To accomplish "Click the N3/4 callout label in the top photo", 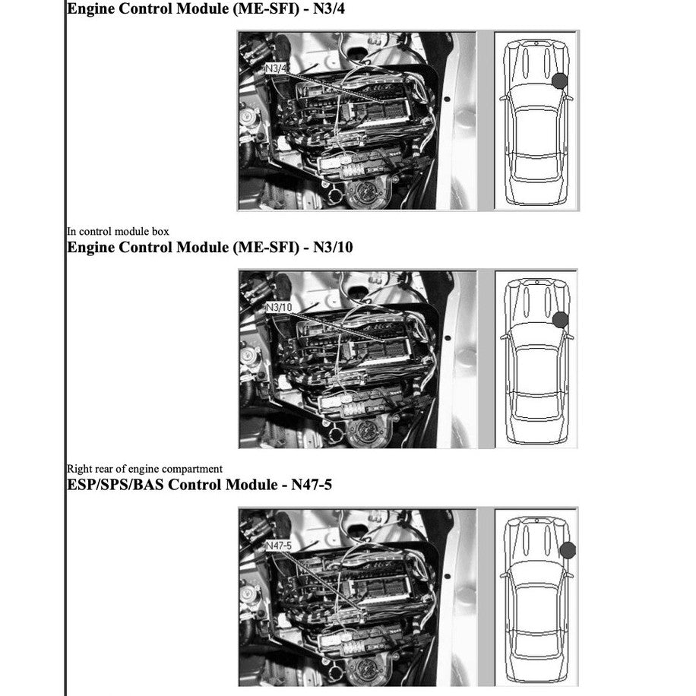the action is coord(276,68).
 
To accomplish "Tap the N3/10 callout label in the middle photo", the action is coord(279,307).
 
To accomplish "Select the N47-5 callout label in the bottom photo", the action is coord(279,546).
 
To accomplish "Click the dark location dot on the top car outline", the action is coord(560,81).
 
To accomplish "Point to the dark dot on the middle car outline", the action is coord(561,320).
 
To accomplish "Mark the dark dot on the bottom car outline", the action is coord(568,550).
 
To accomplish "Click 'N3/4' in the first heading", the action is coord(328,8).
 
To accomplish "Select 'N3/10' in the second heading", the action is coord(333,247).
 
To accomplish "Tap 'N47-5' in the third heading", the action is coord(312,484).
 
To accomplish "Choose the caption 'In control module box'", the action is coord(118,231).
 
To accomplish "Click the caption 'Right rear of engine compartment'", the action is coord(144,469).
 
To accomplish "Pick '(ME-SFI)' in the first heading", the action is coord(266,8).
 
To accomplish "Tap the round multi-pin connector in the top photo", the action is coord(368,193).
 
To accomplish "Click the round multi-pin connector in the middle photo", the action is coord(369,432).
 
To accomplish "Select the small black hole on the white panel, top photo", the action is coord(447,99).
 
